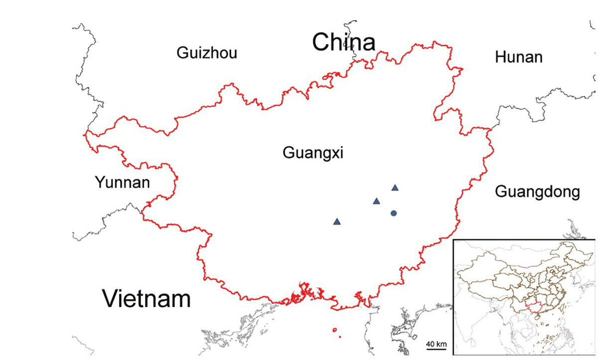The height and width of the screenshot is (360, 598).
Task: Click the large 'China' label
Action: click(x=343, y=42)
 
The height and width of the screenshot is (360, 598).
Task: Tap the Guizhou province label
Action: click(x=207, y=53)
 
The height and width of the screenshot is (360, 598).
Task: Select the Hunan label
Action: click(x=518, y=57)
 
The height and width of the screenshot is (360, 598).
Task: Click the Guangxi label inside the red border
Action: click(x=313, y=153)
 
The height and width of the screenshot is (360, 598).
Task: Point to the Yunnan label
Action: click(x=122, y=182)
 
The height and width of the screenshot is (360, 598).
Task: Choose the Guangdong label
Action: click(x=538, y=191)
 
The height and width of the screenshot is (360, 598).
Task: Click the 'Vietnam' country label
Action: click(x=147, y=299)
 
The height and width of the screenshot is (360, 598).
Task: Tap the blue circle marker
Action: click(x=394, y=213)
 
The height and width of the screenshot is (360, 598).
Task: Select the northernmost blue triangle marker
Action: click(x=395, y=188)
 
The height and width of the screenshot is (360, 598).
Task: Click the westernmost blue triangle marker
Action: click(x=337, y=221)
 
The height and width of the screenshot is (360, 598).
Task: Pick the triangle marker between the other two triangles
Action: click(x=376, y=201)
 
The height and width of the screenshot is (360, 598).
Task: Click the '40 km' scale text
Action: click(x=436, y=344)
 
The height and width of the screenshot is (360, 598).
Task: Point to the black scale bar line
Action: click(x=436, y=350)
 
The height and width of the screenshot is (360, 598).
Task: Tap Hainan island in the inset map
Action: click(x=539, y=327)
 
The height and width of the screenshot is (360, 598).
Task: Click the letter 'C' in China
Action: click(x=322, y=42)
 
